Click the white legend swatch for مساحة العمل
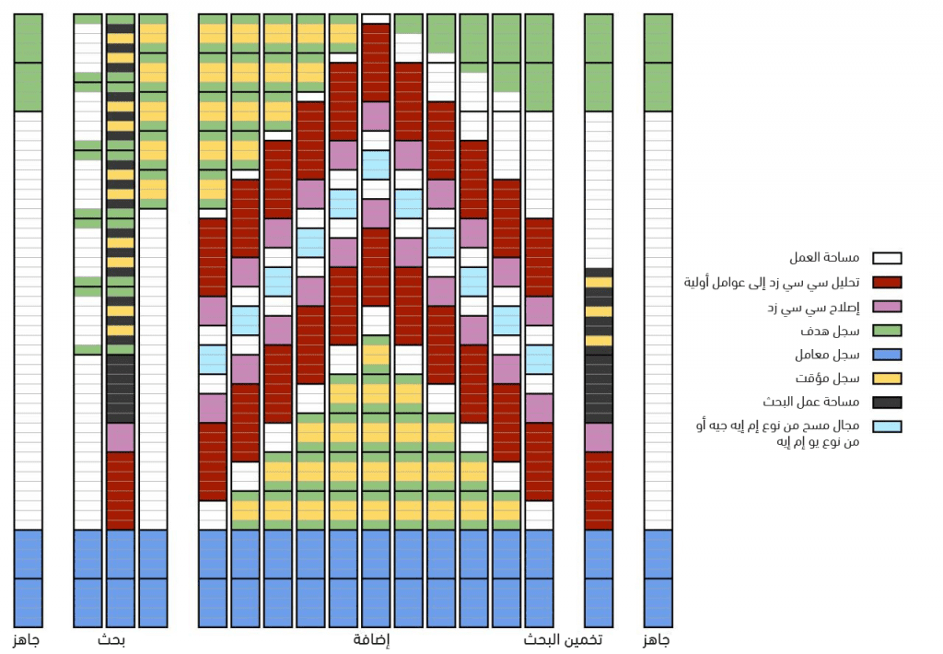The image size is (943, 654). tap(887, 259)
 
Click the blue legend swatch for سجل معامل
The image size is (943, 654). tap(887, 355)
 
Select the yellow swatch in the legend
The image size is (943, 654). tap(887, 379)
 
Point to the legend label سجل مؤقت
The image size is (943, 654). tap(834, 379)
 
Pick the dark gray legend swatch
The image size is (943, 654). tap(887, 403)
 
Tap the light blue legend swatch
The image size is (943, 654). tap(887, 426)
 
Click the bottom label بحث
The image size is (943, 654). tap(111, 640)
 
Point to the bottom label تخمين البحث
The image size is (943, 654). tap(564, 640)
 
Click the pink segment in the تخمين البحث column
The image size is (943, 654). tap(599, 438)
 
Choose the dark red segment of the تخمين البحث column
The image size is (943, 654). tap(599, 490)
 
